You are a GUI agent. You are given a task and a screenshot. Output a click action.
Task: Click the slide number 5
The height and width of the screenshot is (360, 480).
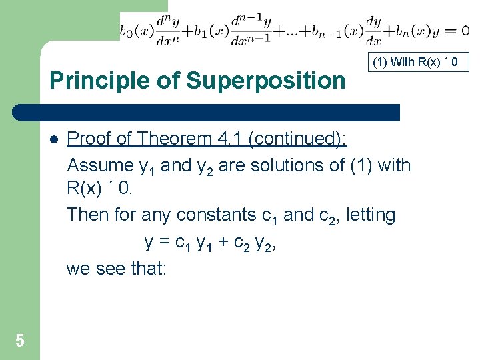click(x=20, y=341)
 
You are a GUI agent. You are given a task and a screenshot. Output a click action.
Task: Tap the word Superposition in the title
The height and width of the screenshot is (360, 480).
click(x=266, y=81)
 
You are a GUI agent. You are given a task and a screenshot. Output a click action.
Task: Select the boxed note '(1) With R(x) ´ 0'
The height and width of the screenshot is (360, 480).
click(x=419, y=63)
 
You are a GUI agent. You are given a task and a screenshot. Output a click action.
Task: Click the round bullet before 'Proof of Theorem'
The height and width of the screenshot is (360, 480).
click(x=53, y=139)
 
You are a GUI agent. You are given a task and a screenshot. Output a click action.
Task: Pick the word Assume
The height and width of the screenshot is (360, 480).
click(x=101, y=165)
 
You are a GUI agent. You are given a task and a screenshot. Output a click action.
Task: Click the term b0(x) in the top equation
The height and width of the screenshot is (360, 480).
click(x=137, y=31)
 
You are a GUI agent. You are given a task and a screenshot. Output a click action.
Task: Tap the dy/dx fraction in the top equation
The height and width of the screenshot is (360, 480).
click(x=373, y=31)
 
